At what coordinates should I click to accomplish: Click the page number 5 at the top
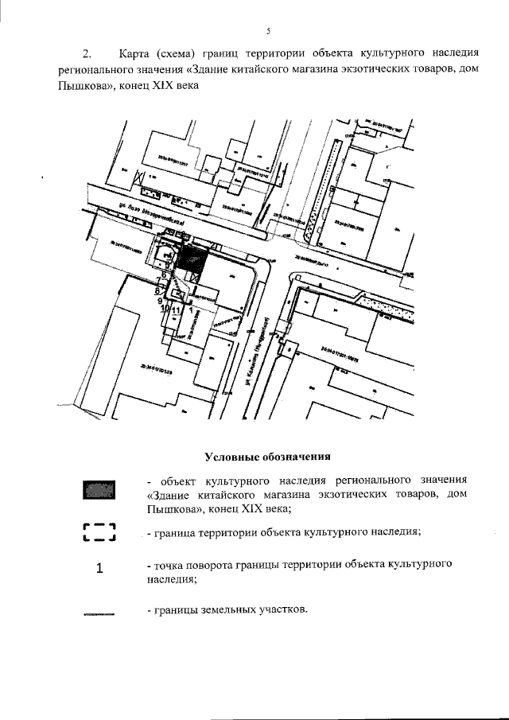point(268,31)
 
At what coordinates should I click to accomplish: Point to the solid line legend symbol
point(99,613)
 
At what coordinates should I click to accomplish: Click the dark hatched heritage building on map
point(191,259)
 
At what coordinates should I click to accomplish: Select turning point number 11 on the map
point(177,310)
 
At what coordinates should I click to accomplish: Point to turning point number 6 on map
point(164,274)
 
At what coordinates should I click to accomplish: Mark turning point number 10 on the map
point(165,310)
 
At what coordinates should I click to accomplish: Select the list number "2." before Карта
point(87,55)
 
